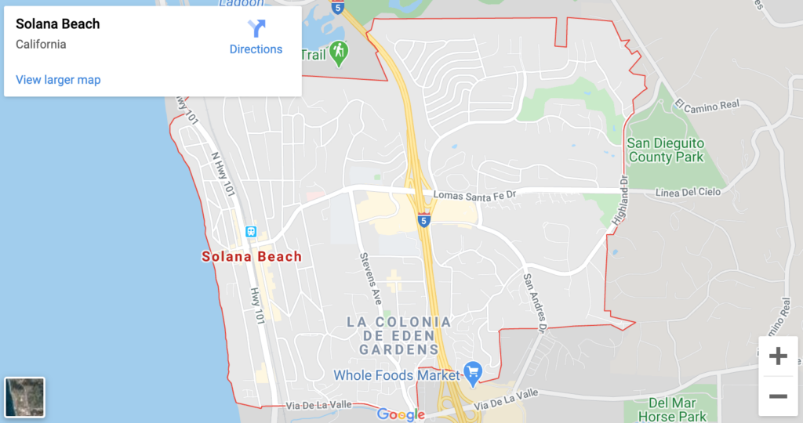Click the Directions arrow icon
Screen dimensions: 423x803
(256, 29)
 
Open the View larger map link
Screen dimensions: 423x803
(58, 80)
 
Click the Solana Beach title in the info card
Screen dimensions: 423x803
(58, 24)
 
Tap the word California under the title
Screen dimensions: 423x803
(41, 45)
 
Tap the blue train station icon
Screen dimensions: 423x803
(251, 232)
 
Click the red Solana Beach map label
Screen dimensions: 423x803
(252, 256)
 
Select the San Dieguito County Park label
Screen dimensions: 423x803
(666, 150)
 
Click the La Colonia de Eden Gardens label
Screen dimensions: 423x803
(400, 335)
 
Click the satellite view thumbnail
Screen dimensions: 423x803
(25, 397)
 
